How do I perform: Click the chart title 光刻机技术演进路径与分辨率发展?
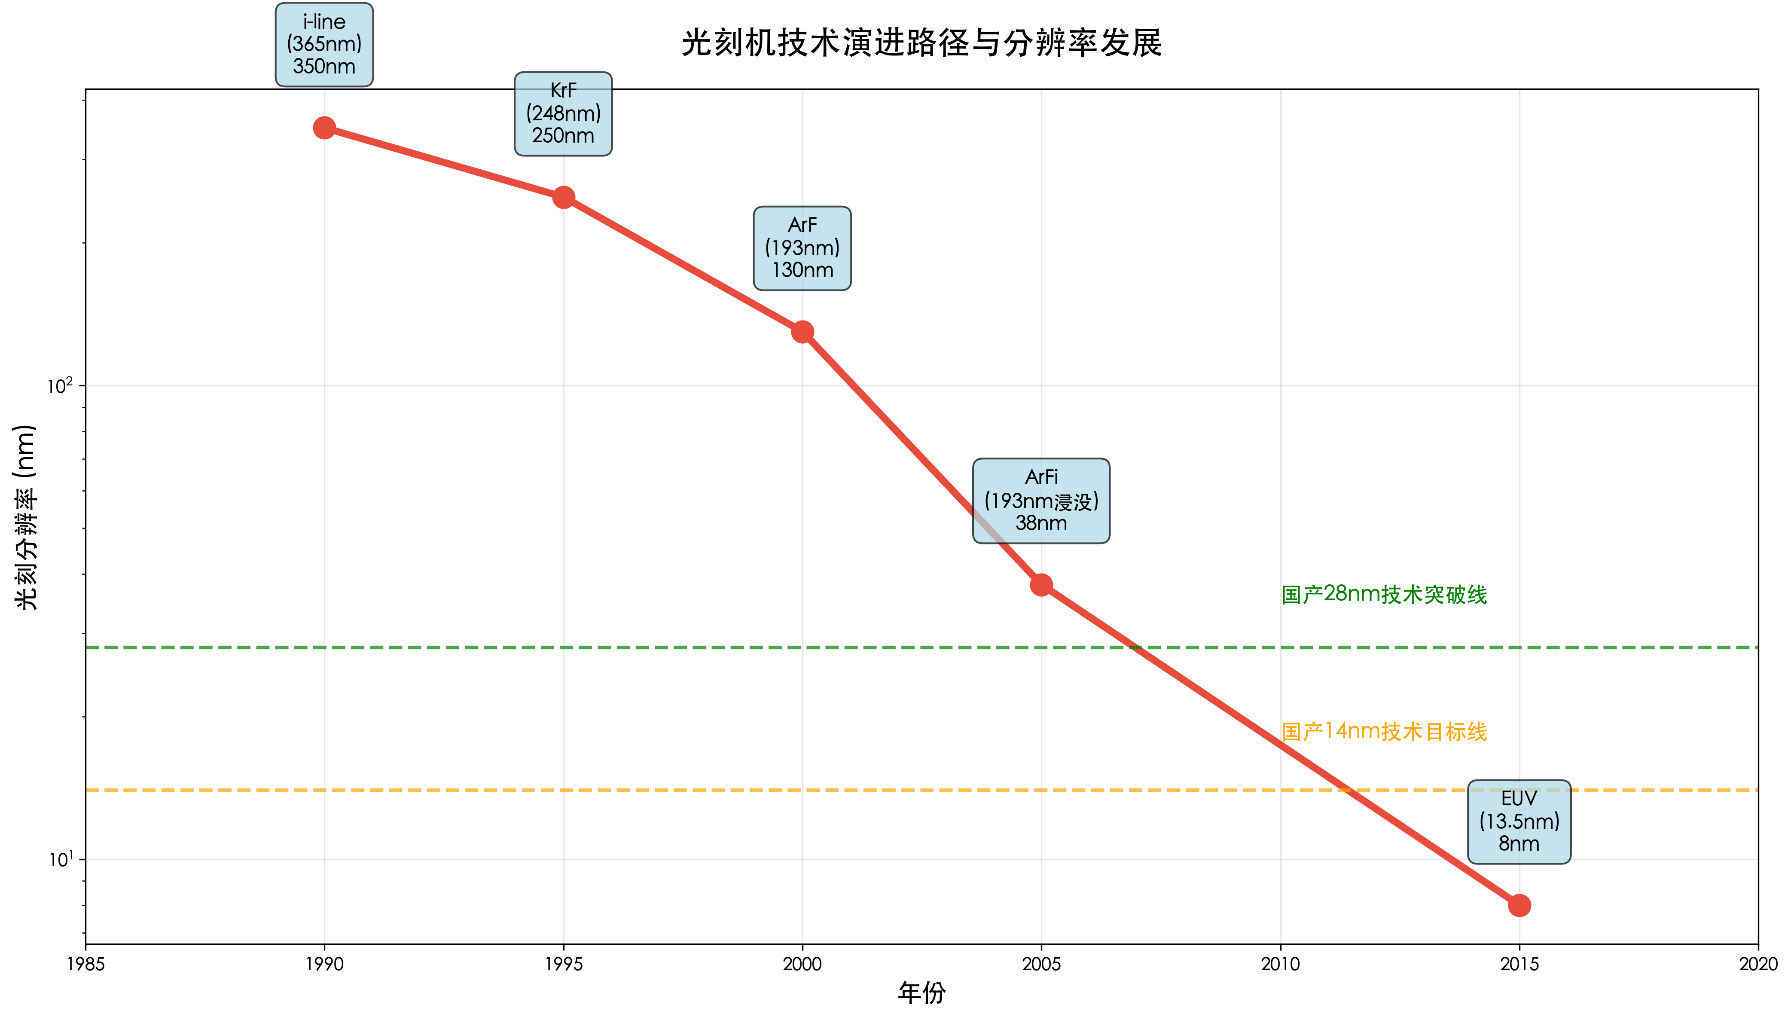921,43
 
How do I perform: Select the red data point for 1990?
324,128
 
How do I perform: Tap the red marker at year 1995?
564,198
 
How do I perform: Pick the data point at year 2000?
802,332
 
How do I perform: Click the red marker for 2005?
1041,585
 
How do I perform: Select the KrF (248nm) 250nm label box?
564,113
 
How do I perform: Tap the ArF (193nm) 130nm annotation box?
802,248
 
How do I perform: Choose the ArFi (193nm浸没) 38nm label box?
1041,501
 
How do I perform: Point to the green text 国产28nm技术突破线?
1384,594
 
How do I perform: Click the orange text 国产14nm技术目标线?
1384,731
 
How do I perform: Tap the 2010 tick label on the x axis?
1280,965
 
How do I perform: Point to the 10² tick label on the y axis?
60,385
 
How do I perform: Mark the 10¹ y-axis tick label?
61,859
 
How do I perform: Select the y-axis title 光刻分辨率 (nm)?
26,517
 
